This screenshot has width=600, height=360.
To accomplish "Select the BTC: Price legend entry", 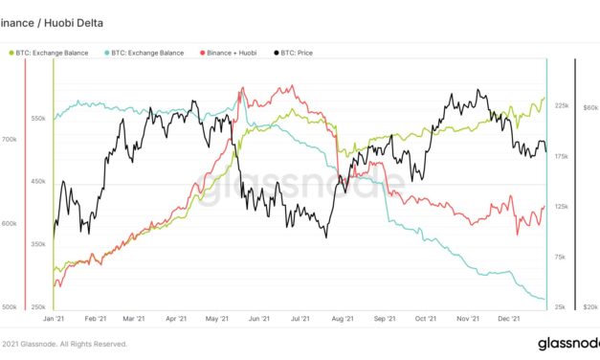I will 301,52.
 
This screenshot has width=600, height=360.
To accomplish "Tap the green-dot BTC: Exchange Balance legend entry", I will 46,52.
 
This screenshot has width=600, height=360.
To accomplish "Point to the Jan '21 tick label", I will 54,318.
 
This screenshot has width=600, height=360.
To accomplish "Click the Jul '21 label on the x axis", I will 300,318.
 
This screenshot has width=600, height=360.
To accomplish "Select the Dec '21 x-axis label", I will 508,318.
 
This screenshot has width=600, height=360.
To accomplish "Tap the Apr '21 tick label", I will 175,318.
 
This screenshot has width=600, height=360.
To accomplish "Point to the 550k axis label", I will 38,118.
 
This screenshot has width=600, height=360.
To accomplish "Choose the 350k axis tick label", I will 38,245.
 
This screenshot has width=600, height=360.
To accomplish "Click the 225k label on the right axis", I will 562,105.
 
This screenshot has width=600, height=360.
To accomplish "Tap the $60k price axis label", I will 589,105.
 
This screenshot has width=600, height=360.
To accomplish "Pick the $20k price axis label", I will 589,306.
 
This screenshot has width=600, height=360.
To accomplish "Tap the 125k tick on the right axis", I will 562,206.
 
